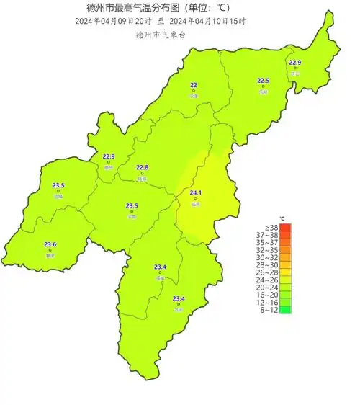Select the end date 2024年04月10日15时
pos(209,22)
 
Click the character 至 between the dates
pos(161,22)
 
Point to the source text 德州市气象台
pos(161,34)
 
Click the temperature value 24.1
pos(195,193)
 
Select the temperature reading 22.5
pos(264,81)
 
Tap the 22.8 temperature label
pos(142,168)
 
